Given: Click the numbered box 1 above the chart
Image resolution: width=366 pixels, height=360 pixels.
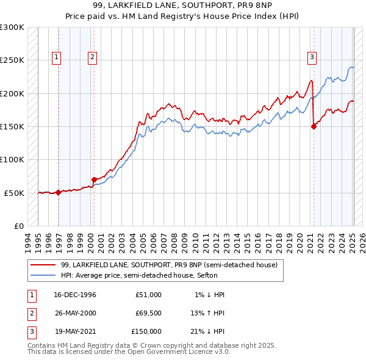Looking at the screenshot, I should click(56, 58).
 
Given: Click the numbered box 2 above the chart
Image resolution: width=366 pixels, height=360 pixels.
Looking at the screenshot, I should click(92, 58).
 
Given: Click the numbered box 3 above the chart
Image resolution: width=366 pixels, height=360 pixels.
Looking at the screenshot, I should click(312, 58).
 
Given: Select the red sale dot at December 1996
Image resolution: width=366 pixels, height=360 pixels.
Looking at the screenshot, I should click(59, 192).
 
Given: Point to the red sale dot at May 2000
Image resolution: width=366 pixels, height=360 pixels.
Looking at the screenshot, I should click(95, 179).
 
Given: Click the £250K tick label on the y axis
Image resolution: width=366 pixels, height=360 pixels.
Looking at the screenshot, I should click(12, 60).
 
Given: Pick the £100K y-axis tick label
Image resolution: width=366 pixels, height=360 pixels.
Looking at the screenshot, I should click(12, 159).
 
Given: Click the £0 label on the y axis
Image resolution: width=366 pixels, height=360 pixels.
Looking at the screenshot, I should click(18, 226).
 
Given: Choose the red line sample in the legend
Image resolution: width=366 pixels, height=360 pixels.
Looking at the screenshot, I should click(43, 265).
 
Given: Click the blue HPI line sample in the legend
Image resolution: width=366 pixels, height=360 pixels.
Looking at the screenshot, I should click(43, 275).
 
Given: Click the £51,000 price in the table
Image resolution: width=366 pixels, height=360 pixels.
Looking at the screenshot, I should click(148, 295).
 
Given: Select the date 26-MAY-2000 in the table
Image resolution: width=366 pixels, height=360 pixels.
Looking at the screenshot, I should click(75, 313).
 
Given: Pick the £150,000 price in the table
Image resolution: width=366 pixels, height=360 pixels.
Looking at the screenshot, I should click(146, 331).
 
